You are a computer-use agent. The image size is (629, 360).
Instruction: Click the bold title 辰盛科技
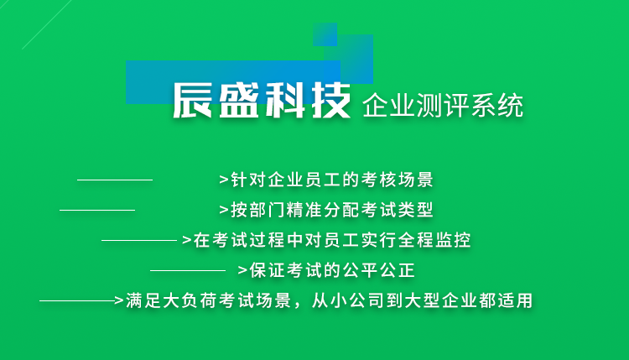pos(262,101)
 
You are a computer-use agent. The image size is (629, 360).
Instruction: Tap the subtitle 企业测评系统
pos(443,106)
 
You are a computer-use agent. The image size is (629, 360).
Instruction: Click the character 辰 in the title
pos(192,101)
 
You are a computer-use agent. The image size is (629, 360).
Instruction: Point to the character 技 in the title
pos(331,101)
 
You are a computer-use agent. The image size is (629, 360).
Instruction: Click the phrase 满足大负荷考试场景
pos(209,300)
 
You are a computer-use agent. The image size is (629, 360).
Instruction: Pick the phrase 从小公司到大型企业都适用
pos(422,300)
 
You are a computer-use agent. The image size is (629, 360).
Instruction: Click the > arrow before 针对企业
pos(224,180)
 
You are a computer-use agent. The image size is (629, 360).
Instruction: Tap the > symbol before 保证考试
pos(242,270)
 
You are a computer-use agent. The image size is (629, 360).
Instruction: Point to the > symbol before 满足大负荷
pos(119,300)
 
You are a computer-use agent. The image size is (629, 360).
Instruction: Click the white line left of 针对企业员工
pos(115,180)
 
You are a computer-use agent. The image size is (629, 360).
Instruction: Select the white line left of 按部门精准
pos(97,210)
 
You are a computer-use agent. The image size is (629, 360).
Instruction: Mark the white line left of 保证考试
pos(188,270)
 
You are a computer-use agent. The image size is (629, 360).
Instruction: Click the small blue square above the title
pos(325,34)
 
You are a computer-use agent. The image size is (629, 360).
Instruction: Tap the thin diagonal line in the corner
pos(46,25)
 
